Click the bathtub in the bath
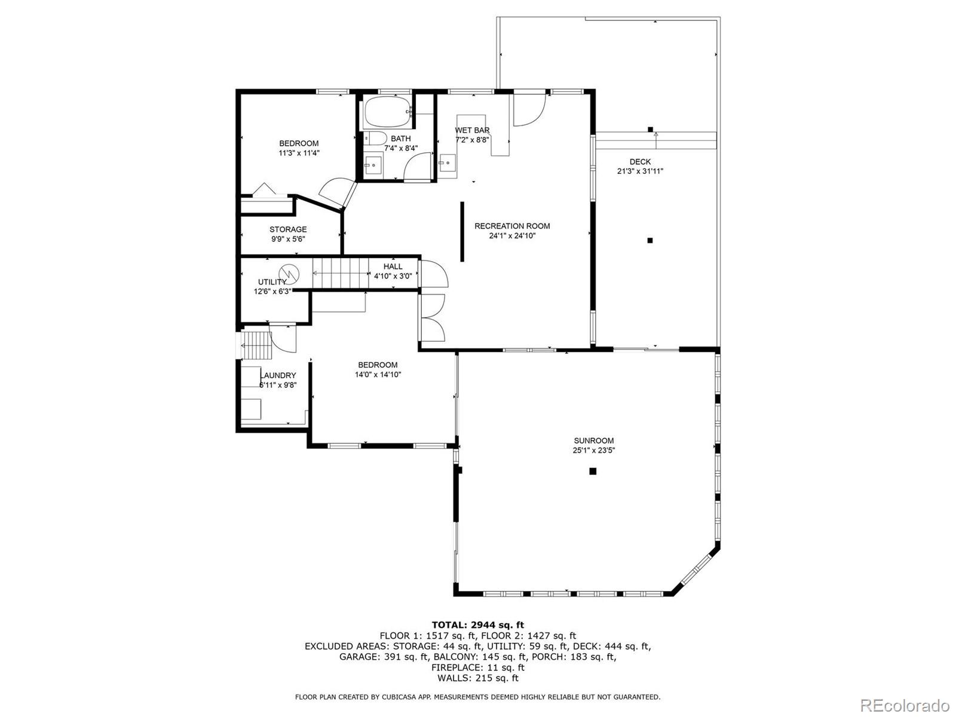(x=387, y=112)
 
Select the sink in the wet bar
(x=447, y=161)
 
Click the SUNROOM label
(x=593, y=441)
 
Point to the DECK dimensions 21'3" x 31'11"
(x=640, y=171)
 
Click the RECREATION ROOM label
(x=512, y=226)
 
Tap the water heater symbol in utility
(x=289, y=272)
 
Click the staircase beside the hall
(x=341, y=273)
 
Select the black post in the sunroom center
(x=593, y=471)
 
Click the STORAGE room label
(x=288, y=229)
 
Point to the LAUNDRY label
(x=278, y=375)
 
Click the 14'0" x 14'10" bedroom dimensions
(x=378, y=375)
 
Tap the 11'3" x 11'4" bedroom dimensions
(x=299, y=153)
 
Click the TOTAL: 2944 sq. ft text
(x=477, y=625)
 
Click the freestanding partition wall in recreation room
(x=462, y=232)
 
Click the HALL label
(x=393, y=266)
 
